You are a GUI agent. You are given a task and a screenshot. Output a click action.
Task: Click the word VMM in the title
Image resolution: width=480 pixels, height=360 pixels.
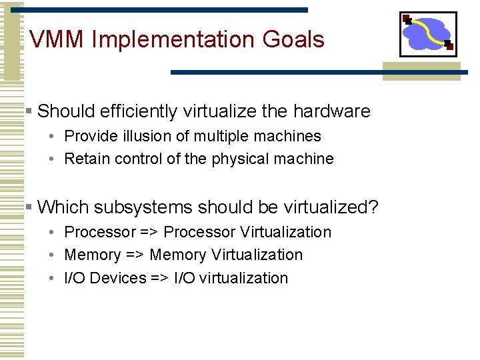pyautogui.click(x=57, y=40)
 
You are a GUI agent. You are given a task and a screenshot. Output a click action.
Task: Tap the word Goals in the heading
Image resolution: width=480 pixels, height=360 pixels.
pyautogui.click(x=293, y=40)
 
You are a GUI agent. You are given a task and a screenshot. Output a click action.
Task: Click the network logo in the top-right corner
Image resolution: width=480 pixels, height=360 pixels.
pyautogui.click(x=428, y=34)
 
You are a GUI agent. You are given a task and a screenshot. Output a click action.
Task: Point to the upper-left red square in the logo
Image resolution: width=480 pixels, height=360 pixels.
pyautogui.click(x=406, y=19)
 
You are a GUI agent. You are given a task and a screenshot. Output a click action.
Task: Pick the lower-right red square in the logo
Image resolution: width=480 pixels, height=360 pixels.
pyautogui.click(x=449, y=46)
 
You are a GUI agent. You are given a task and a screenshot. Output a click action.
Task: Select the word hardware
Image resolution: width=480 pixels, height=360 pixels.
pyautogui.click(x=331, y=111)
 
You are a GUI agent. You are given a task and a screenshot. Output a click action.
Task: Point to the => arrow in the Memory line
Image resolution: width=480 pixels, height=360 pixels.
pyautogui.click(x=131, y=255)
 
